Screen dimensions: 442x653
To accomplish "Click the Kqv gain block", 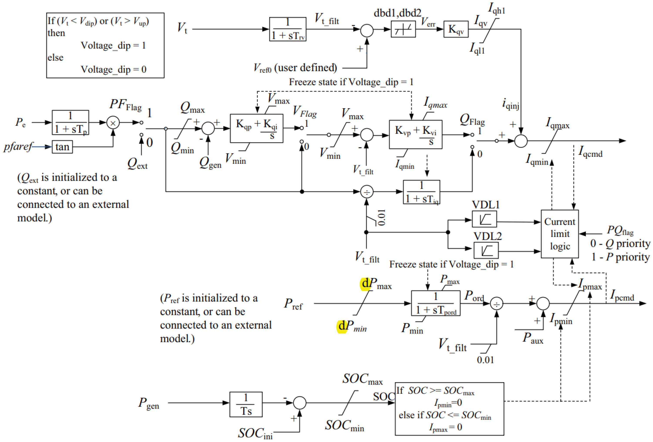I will [456, 29].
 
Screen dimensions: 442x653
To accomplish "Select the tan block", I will [62, 147].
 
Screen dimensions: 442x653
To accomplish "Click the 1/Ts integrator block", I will [246, 404].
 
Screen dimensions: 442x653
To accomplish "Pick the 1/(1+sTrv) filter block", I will [287, 29].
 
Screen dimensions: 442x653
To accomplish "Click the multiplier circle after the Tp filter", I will [113, 123].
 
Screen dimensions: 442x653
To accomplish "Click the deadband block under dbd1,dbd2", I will [403, 29].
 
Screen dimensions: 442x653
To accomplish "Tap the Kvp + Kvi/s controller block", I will [415, 135].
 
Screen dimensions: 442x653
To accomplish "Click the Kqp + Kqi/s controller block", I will [256, 128].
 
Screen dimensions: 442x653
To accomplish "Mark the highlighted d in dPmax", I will [365, 283].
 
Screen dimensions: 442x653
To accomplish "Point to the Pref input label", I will [293, 304].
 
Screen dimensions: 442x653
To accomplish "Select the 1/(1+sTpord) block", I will [435, 303].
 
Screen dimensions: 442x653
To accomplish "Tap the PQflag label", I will [620, 230].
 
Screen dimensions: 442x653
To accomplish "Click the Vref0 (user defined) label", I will [295, 68].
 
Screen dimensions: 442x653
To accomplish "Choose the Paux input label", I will [532, 338].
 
